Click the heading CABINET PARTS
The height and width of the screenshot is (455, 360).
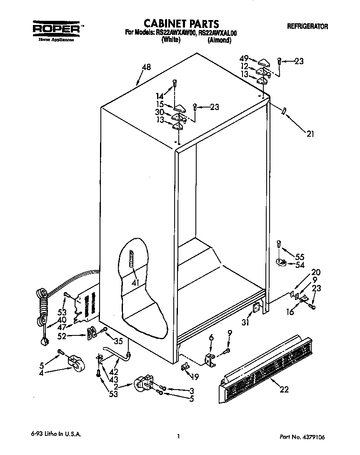[x=181, y=23]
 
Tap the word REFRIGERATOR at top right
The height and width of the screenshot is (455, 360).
[x=307, y=27]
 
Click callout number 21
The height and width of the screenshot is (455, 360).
[x=310, y=134]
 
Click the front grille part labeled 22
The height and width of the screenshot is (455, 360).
[x=267, y=362]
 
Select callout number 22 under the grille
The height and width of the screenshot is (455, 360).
[x=284, y=390]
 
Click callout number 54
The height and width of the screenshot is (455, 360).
[x=300, y=265]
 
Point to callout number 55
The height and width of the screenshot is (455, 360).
[x=300, y=257]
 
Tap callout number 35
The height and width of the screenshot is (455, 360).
[x=118, y=341]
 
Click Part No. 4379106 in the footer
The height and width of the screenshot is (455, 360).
[x=302, y=437]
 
